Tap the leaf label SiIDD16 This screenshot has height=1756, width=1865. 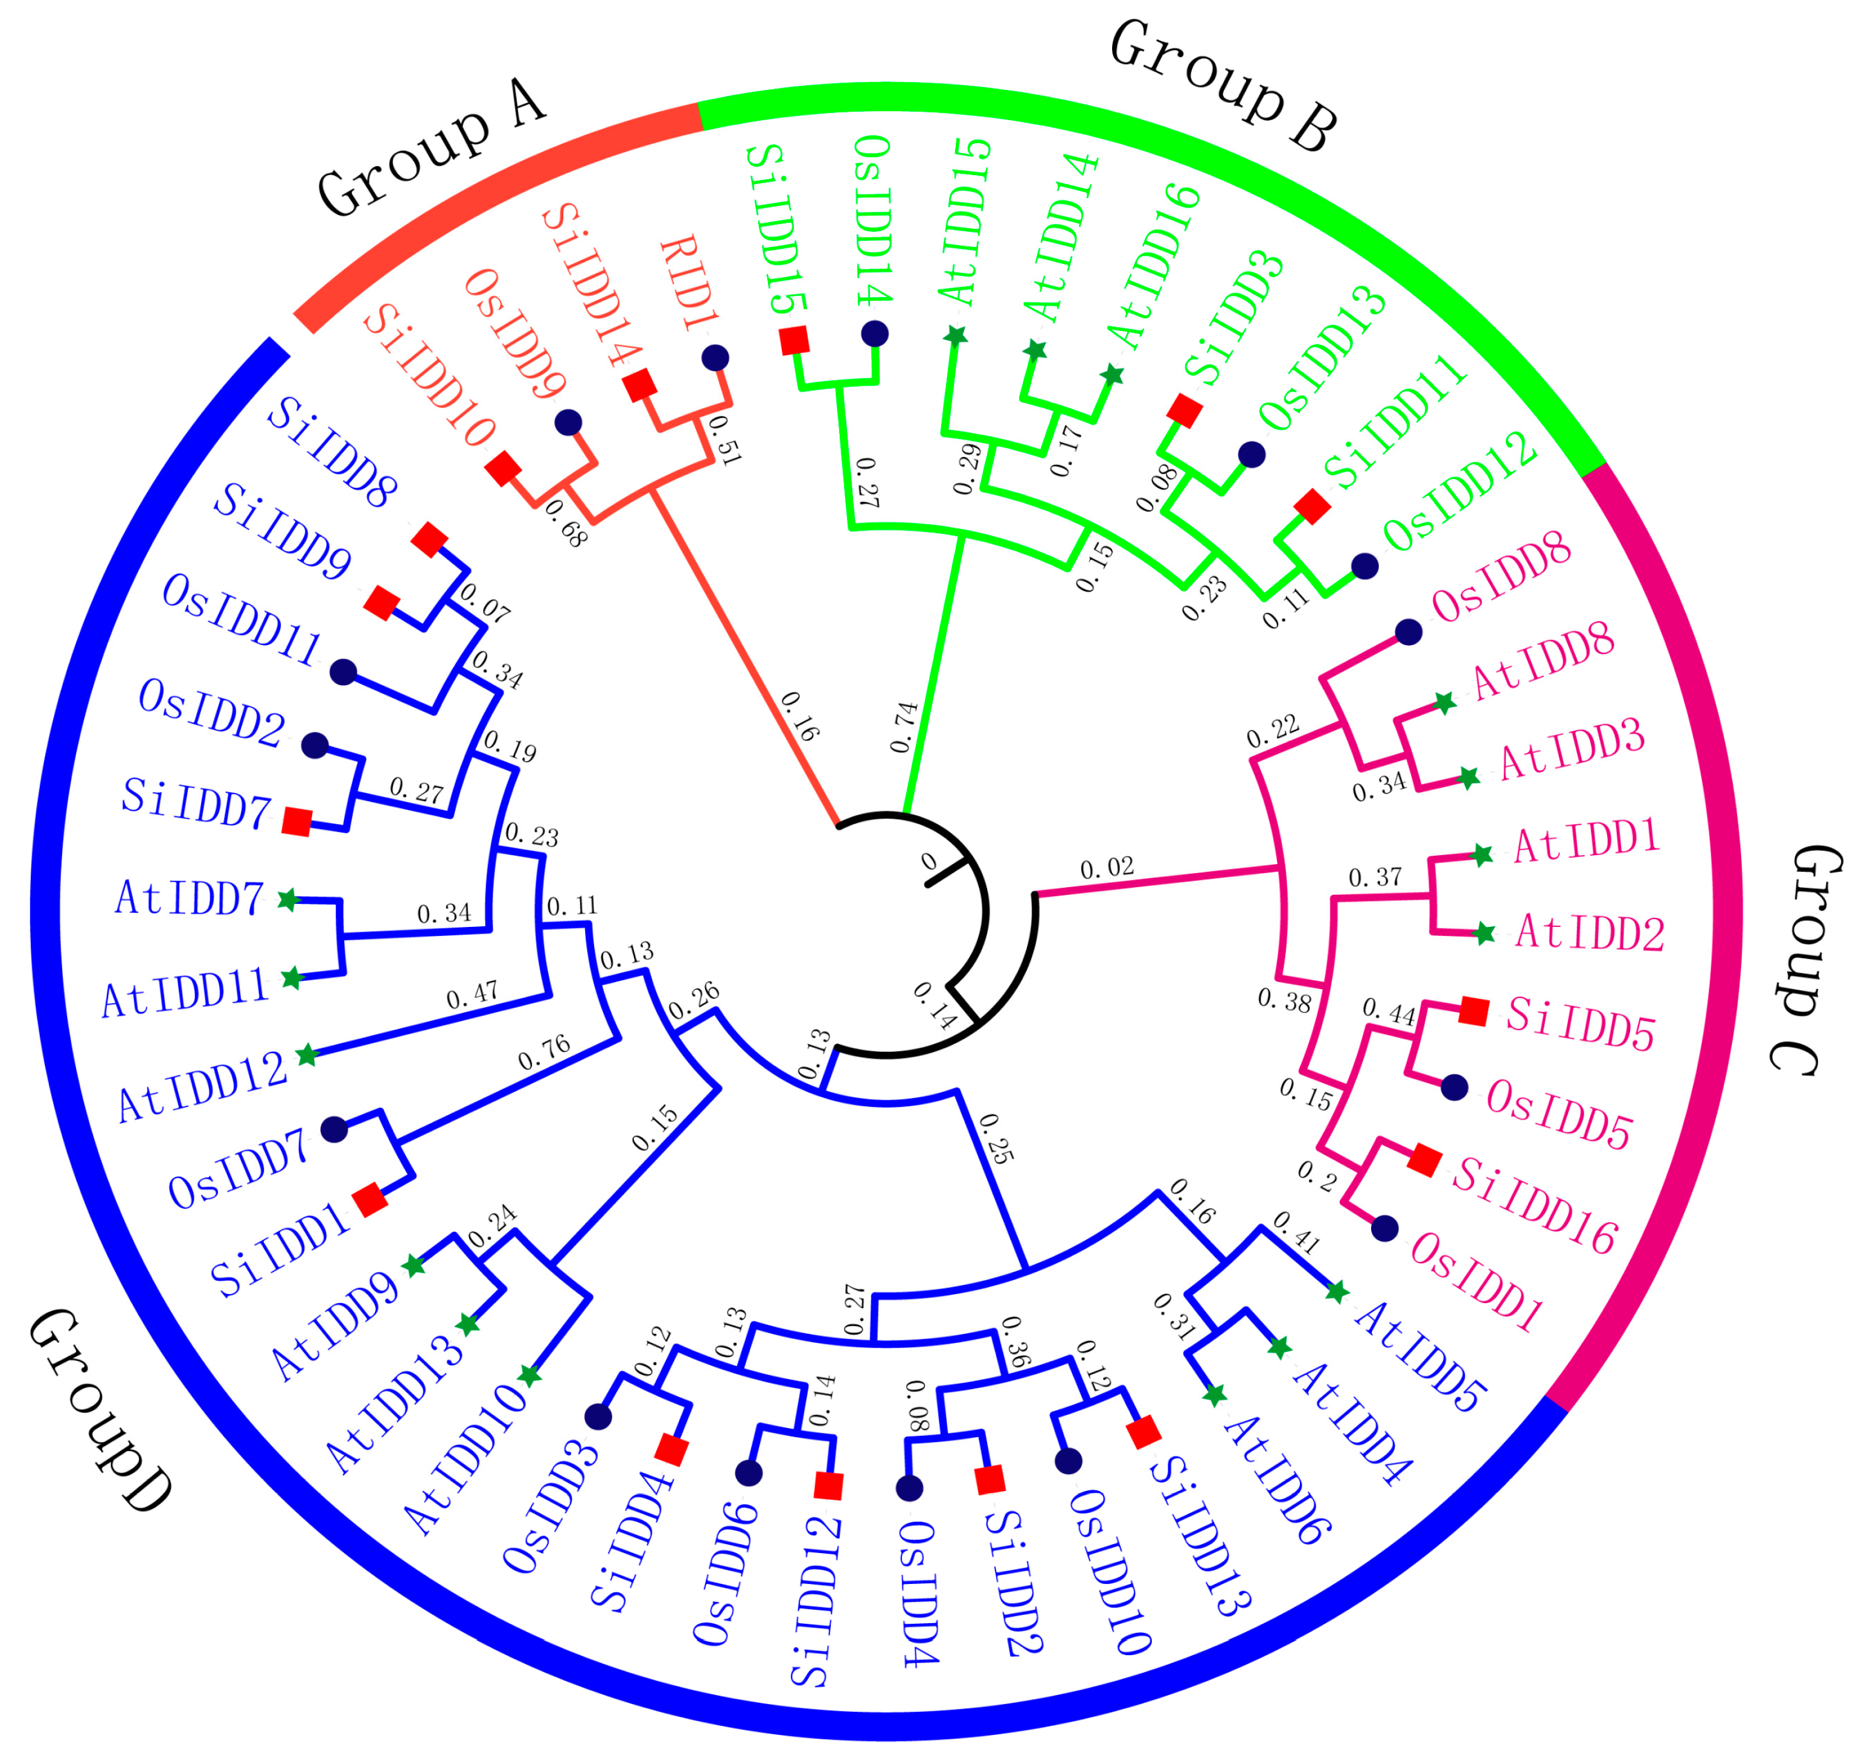click(1535, 1205)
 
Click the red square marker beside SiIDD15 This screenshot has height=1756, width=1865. click(795, 341)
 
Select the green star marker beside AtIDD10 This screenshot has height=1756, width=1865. click(530, 1376)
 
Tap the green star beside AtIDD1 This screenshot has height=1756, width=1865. click(1481, 854)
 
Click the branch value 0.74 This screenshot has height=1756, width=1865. click(904, 727)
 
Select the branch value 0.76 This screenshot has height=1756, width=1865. click(544, 1053)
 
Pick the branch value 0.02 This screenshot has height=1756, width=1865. click(1107, 868)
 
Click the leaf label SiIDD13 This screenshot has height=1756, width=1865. click(1200, 1536)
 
